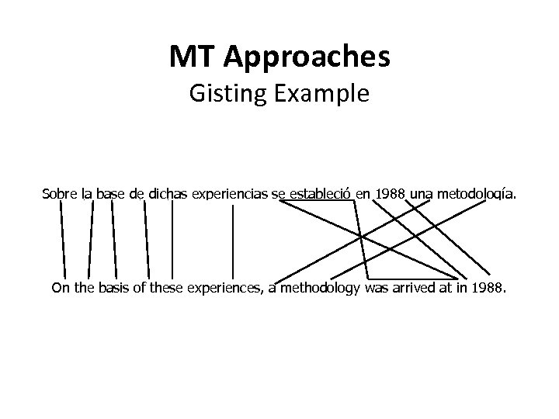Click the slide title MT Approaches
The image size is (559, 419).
pos(279,57)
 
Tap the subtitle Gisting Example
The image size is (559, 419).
pos(279,95)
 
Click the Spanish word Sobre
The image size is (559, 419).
pos(60,192)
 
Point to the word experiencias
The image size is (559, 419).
pos(232,192)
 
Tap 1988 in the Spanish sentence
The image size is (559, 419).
pos(389,192)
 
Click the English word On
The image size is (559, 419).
pos(60,289)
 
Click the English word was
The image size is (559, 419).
pos(374,289)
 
